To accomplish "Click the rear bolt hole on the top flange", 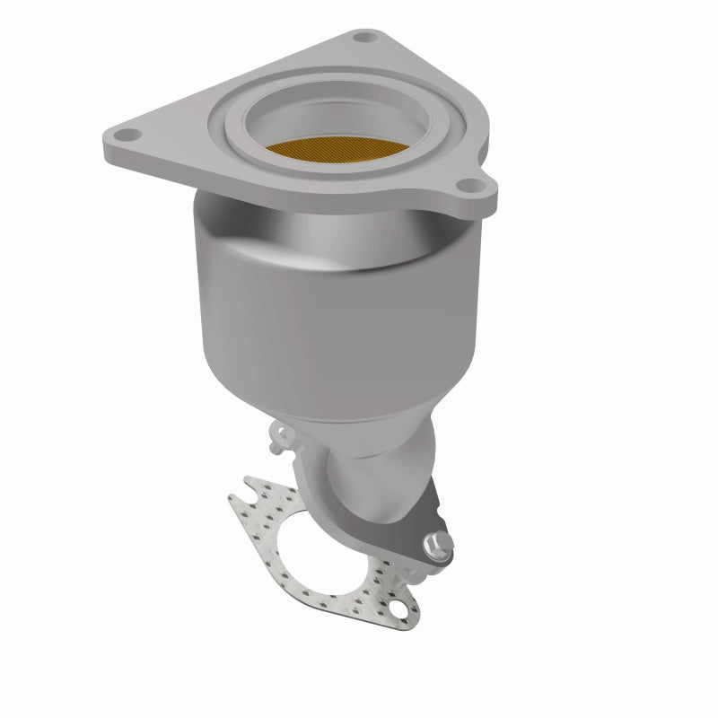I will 363,39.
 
